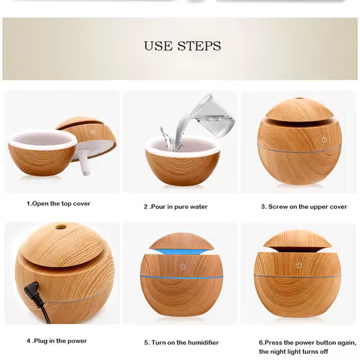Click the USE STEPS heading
tap(182, 47)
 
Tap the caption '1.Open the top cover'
tap(59, 203)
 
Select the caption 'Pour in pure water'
tap(178, 207)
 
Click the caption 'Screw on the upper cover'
tap(304, 207)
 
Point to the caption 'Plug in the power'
tap(57, 340)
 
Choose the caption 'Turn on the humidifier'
tap(181, 342)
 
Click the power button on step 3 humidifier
tap(324, 139)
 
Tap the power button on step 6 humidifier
tap(299, 265)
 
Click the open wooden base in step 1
tap(43, 157)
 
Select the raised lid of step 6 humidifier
tap(298, 239)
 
